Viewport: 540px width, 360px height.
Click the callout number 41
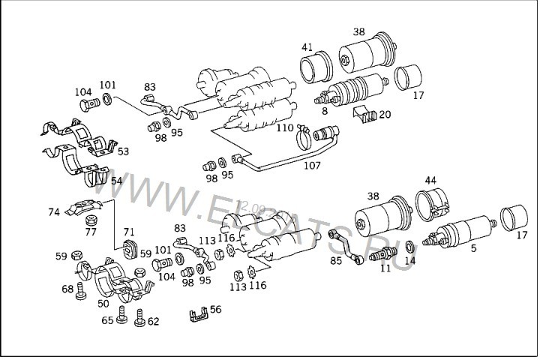point(307,47)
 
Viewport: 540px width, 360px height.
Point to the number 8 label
point(324,111)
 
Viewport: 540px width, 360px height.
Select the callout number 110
point(285,127)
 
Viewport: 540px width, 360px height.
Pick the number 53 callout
point(122,151)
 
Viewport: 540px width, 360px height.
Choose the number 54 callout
point(116,181)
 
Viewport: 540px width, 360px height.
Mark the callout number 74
point(54,212)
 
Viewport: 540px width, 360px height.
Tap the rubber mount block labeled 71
point(128,248)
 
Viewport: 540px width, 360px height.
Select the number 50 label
point(103,304)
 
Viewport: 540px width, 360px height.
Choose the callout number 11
point(385,268)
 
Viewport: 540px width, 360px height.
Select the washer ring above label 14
point(408,247)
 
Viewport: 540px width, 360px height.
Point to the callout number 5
point(473,247)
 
